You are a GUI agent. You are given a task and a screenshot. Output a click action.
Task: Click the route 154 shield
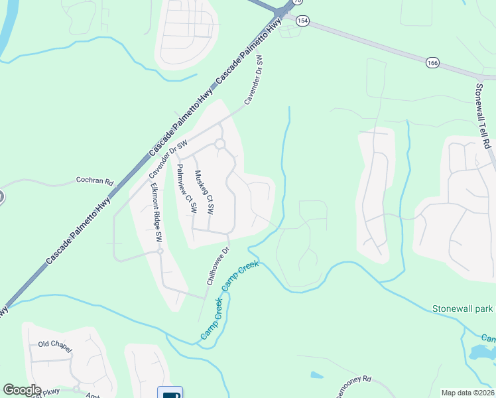[303, 21]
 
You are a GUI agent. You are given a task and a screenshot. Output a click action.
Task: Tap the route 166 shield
[432, 62]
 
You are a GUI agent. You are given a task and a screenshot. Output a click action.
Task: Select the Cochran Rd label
[95, 180]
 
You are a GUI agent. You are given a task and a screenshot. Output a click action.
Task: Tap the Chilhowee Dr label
[217, 266]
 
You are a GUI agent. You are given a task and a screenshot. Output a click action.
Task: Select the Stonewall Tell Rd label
[485, 115]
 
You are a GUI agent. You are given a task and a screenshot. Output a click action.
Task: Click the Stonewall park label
[463, 308]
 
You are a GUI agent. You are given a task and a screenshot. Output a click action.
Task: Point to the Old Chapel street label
[55, 345]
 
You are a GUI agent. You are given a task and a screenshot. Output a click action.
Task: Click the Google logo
[22, 390]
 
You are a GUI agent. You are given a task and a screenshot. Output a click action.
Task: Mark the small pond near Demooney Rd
[317, 375]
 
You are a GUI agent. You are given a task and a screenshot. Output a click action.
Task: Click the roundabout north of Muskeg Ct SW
[219, 143]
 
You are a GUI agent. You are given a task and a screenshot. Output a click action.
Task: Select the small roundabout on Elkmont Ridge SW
[160, 251]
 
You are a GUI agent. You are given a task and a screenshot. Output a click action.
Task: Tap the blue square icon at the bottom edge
[170, 393]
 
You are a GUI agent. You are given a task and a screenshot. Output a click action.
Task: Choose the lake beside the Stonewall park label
[481, 352]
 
